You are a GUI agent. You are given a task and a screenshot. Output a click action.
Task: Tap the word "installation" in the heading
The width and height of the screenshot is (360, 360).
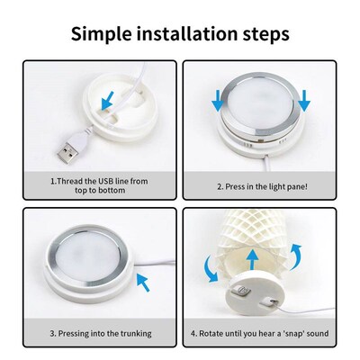pos(186,34)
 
